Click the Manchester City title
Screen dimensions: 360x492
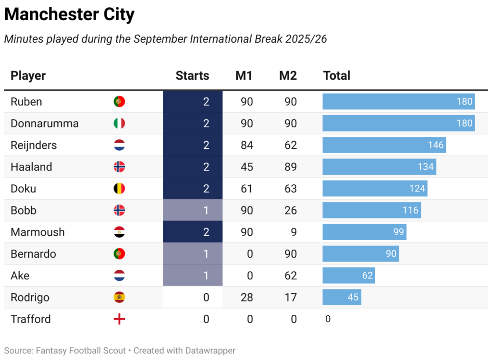(69, 15)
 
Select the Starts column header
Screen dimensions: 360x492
(192, 75)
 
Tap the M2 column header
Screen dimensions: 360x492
(288, 75)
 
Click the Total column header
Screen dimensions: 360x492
(337, 75)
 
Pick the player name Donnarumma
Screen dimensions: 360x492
(45, 123)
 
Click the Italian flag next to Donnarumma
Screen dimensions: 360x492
(119, 123)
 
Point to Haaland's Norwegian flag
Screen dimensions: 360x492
(119, 167)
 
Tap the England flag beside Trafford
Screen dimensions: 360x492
(119, 319)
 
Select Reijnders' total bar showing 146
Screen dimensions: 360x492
(384, 145)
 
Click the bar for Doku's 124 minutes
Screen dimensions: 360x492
(375, 189)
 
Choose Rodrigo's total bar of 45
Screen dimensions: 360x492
(342, 297)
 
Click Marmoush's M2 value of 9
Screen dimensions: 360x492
(294, 232)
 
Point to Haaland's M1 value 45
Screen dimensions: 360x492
(247, 167)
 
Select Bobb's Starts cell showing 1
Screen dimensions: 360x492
(193, 210)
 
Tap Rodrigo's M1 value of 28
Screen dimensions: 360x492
(247, 297)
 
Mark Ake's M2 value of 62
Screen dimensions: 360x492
(291, 276)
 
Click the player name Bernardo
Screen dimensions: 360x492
(33, 254)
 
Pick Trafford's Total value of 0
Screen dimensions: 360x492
(328, 319)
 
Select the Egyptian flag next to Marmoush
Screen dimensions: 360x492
(119, 232)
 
